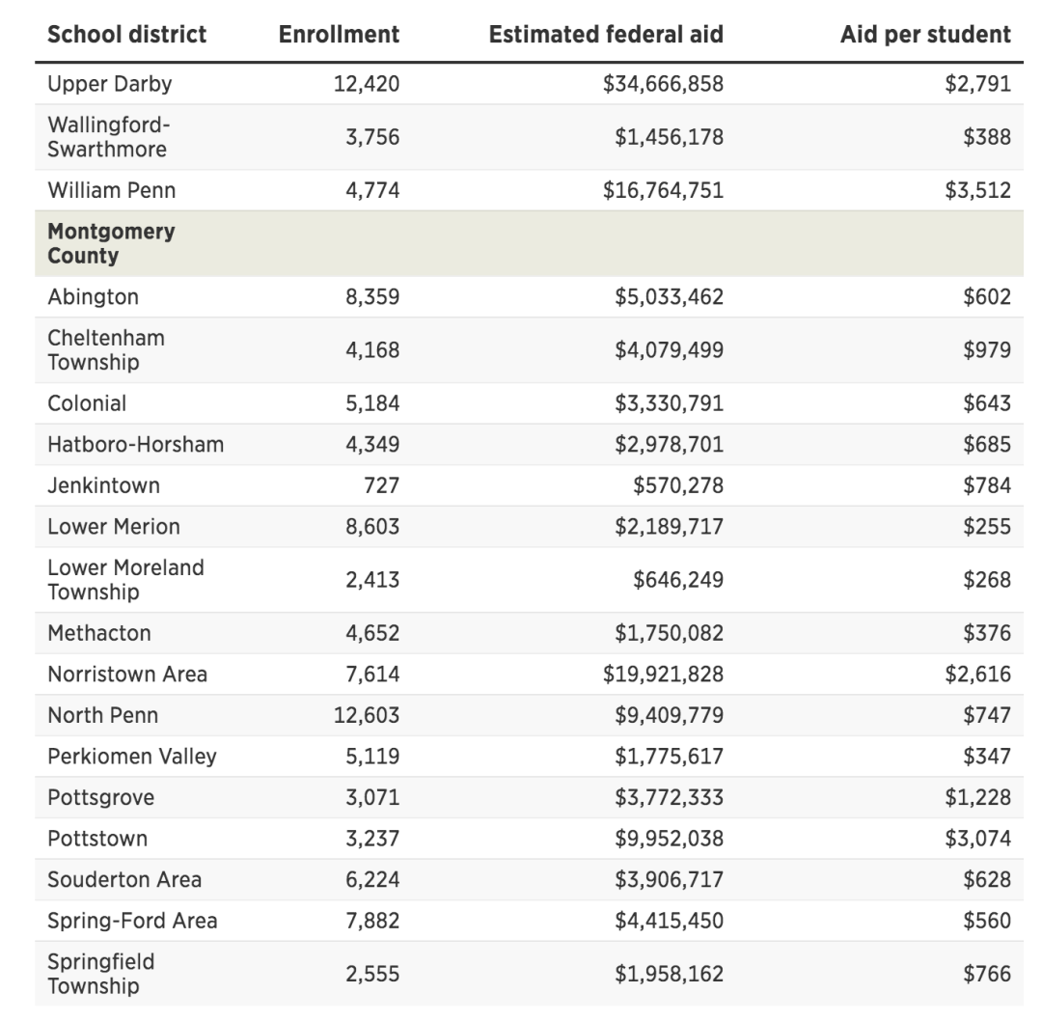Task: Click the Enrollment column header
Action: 339,35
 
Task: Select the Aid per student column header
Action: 925,35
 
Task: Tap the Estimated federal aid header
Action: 606,35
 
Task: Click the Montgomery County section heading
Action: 111,243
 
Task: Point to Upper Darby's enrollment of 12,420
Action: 367,84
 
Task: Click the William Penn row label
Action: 112,190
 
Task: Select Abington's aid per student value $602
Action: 987,297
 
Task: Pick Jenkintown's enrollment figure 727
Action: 381,485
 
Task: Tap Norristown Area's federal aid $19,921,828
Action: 663,674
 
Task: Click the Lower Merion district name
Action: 114,526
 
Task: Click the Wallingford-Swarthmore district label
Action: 107,137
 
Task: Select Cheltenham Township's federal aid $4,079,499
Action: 669,349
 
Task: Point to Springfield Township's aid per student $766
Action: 987,974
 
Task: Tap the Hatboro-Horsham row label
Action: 135,444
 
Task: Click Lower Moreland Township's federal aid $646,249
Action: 677,579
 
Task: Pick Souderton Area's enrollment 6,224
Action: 372,879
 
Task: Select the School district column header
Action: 127,35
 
